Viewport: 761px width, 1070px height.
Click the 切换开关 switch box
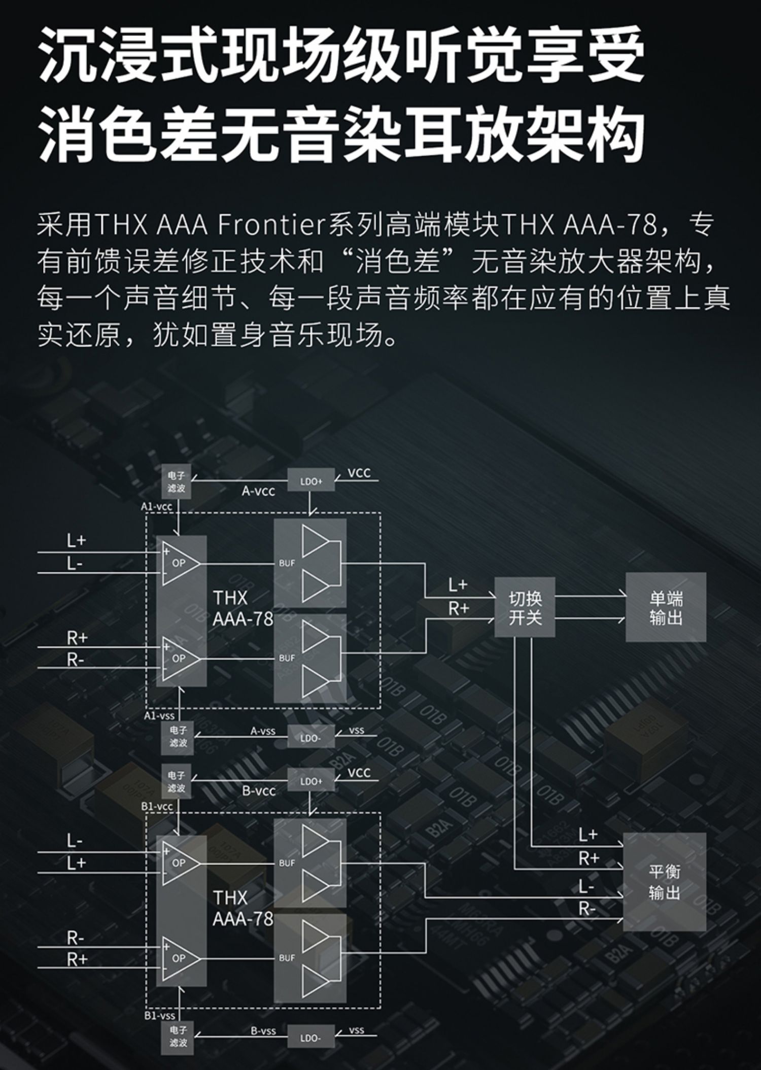click(525, 607)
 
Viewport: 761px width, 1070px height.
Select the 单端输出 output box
click(665, 607)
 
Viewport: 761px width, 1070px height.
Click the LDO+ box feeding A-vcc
click(311, 480)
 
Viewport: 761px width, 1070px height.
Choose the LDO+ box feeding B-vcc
click(311, 781)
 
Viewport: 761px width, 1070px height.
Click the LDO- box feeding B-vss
click(310, 1038)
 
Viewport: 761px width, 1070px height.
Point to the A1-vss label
click(159, 716)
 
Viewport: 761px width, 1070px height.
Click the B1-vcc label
click(157, 806)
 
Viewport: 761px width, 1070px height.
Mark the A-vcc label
click(259, 491)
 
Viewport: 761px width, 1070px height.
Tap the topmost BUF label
click(287, 563)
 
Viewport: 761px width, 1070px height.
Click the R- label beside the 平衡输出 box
click(587, 909)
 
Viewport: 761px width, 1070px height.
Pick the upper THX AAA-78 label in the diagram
click(242, 608)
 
